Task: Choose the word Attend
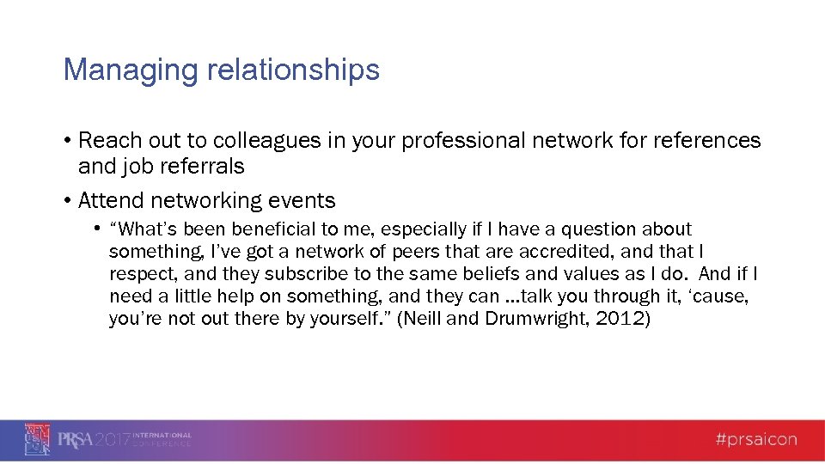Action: click(x=111, y=201)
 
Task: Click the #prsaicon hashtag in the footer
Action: click(x=755, y=440)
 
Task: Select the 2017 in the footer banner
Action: click(x=113, y=440)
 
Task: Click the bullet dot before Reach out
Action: click(x=67, y=141)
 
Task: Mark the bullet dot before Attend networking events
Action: click(x=67, y=202)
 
